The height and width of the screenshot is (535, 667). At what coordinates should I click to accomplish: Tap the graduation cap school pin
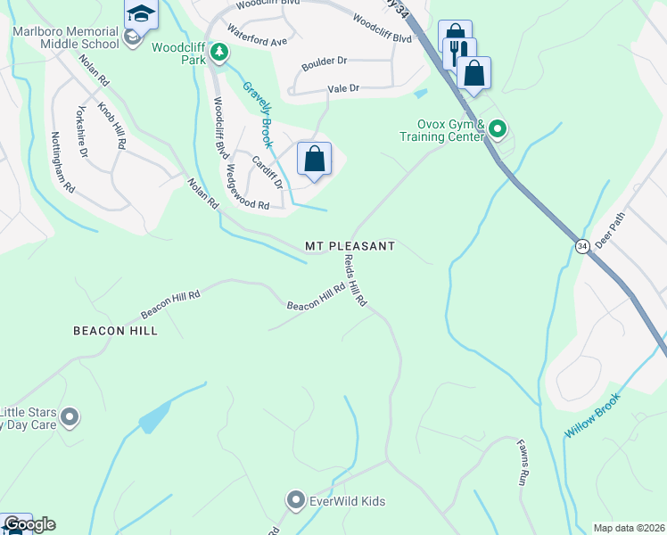(141, 14)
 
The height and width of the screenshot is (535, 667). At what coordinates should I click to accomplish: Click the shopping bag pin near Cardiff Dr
(314, 160)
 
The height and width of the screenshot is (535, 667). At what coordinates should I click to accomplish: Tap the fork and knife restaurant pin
(459, 53)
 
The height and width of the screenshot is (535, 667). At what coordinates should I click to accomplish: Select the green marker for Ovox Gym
(498, 130)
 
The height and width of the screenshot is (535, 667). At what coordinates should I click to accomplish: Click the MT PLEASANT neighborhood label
(350, 245)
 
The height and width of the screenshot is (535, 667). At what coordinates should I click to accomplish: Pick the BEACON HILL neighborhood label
(115, 331)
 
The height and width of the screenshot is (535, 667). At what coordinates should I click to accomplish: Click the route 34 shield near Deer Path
(582, 246)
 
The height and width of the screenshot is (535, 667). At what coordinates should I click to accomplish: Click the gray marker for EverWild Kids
(297, 501)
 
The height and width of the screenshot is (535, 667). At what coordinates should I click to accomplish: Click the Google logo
(29, 524)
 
